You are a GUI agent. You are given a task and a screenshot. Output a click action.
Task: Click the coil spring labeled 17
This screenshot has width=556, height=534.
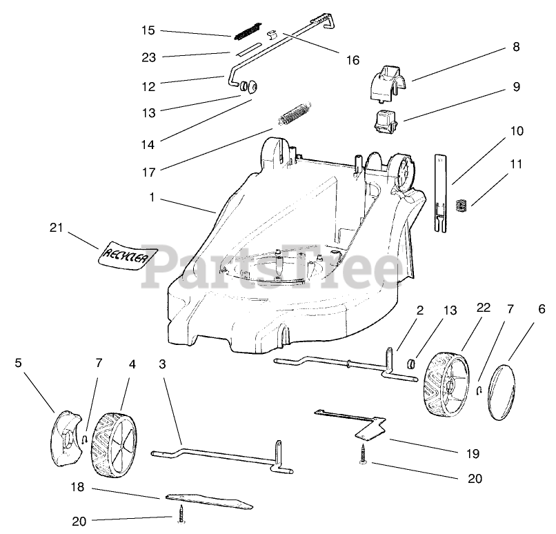(x=295, y=112)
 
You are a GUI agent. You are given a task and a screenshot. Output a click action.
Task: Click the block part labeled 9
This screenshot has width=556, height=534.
(x=386, y=123)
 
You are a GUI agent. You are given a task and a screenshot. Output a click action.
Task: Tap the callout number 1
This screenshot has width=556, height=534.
(x=151, y=197)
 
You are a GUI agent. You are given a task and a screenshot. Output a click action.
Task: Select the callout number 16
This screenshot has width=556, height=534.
(x=352, y=60)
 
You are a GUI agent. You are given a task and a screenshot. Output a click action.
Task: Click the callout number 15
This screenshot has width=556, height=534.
(x=148, y=30)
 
